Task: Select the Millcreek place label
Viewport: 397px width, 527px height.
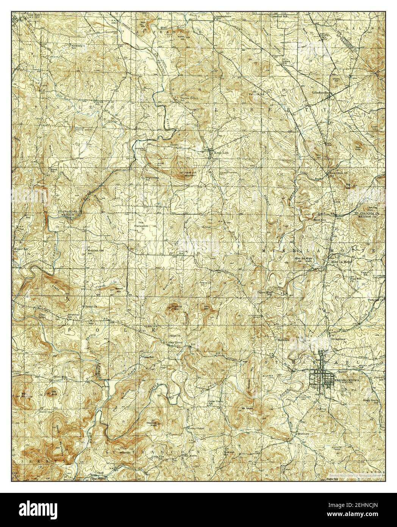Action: click(293, 433)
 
